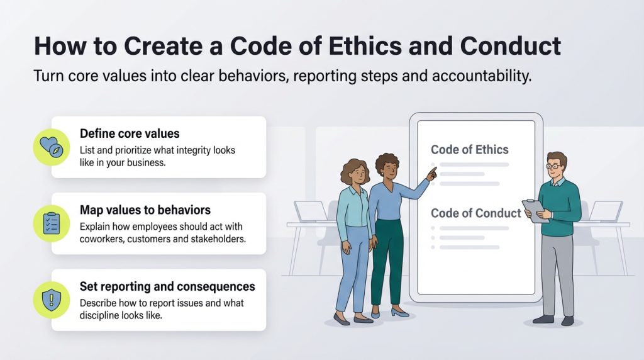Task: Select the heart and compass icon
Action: [x=52, y=147]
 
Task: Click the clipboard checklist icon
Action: [x=52, y=223]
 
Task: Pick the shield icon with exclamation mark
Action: [x=52, y=300]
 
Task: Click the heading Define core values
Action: [x=130, y=133]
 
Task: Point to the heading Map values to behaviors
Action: [x=145, y=210]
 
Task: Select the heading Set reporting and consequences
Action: [x=167, y=286]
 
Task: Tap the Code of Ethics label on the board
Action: [x=469, y=150]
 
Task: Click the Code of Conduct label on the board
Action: [x=475, y=213]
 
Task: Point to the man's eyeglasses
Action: [x=555, y=166]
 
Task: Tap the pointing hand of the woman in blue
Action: [x=431, y=174]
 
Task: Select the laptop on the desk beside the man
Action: [x=606, y=211]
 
